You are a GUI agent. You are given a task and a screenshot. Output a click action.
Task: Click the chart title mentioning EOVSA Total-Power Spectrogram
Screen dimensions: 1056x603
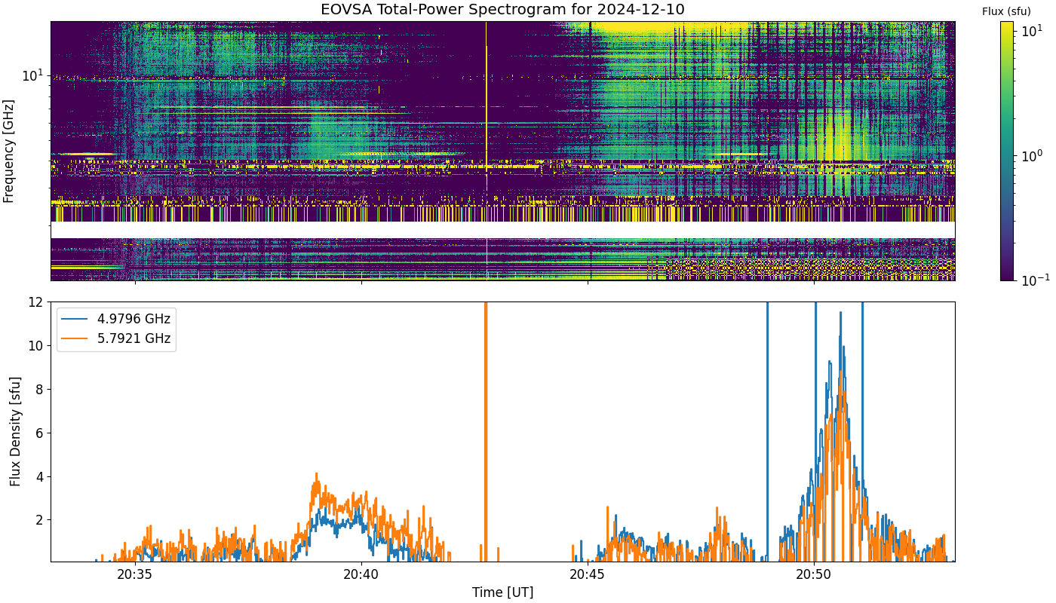pos(502,9)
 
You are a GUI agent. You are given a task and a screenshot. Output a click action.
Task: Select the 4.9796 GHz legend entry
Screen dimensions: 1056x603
pos(134,319)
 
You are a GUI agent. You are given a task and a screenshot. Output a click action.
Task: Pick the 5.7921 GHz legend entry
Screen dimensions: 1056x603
pos(134,338)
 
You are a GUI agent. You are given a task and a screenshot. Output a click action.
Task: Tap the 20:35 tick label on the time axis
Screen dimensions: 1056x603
pos(135,574)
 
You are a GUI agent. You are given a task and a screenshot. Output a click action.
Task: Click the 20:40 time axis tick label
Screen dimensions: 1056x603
pos(361,574)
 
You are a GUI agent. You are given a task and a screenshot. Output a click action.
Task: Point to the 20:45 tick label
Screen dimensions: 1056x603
pos(588,574)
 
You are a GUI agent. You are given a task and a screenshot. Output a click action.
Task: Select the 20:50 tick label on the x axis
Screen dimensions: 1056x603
pos(814,574)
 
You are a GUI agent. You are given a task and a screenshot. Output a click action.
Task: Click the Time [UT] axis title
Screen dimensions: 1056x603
pos(502,592)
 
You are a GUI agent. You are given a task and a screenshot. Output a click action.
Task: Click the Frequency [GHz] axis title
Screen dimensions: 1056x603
pos(8,152)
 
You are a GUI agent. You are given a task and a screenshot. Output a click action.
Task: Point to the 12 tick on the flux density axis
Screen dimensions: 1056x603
pos(35,302)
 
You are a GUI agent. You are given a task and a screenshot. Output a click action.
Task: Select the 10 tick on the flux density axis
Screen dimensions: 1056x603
pos(35,346)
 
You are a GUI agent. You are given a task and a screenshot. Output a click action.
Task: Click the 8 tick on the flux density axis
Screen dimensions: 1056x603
pos(39,389)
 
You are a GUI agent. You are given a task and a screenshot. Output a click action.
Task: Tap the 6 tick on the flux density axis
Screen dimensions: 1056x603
pos(39,433)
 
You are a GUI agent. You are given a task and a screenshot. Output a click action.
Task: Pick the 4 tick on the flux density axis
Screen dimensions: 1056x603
pos(39,476)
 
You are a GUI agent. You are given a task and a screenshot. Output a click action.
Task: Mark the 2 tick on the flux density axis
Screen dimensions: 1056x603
pos(39,520)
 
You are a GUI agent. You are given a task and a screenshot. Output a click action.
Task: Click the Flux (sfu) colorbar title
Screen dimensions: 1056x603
pos(1006,11)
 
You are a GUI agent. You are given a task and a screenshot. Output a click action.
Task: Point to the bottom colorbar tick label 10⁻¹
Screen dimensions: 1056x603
pos(1035,280)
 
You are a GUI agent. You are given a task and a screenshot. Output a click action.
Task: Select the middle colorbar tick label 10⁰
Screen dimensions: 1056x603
pos(1032,155)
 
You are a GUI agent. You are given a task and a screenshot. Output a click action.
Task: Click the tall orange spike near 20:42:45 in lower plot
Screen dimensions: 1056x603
pos(486,431)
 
